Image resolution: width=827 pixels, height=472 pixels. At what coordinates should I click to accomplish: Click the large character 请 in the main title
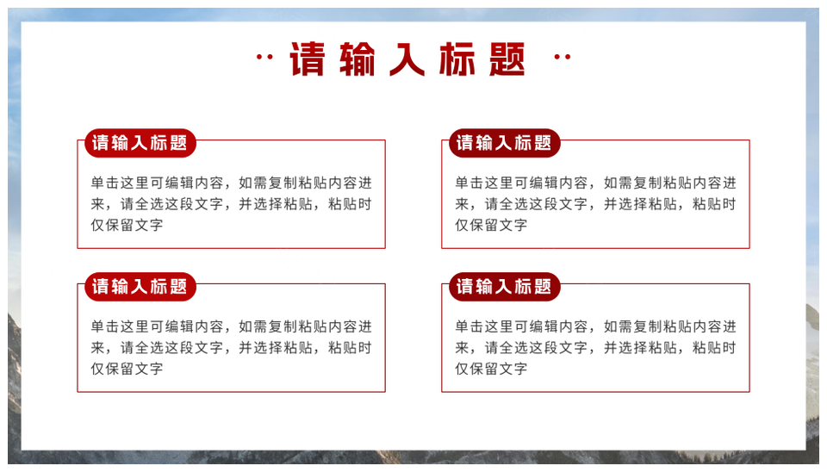tap(307, 59)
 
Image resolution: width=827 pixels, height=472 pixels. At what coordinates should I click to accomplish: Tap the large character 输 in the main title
tap(357, 59)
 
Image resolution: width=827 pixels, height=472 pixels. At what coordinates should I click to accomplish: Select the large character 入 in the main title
tap(407, 59)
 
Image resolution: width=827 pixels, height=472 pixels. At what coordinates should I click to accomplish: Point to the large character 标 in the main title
tap(457, 59)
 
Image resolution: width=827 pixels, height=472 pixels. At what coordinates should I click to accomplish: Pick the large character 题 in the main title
tap(507, 59)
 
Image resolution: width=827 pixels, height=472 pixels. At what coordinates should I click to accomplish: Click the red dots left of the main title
tap(264, 57)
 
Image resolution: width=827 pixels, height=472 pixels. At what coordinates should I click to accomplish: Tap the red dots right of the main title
tap(563, 57)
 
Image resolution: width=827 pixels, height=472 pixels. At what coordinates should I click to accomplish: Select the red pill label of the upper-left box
tap(140, 143)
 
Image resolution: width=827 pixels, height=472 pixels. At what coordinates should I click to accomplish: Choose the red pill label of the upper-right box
tap(504, 143)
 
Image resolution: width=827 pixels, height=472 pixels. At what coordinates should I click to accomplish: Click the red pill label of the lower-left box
tap(140, 287)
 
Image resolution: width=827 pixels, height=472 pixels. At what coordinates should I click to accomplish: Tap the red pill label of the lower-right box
tap(504, 287)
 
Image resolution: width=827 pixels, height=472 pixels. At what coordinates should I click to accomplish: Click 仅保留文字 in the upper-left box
tap(127, 225)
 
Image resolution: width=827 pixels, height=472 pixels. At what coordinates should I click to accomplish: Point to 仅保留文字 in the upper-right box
tap(491, 225)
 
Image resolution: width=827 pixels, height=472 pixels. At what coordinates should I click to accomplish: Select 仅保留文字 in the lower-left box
tap(127, 369)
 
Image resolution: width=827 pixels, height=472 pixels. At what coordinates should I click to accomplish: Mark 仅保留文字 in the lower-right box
tap(491, 369)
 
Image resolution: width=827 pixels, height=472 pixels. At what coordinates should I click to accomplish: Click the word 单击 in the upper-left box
tap(105, 183)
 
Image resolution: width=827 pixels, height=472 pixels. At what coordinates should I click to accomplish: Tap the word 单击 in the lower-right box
tap(469, 327)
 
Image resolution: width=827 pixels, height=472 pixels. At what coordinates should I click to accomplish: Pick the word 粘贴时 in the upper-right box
tap(714, 204)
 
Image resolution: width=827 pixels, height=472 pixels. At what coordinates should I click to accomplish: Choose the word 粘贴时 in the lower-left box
tap(350, 347)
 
